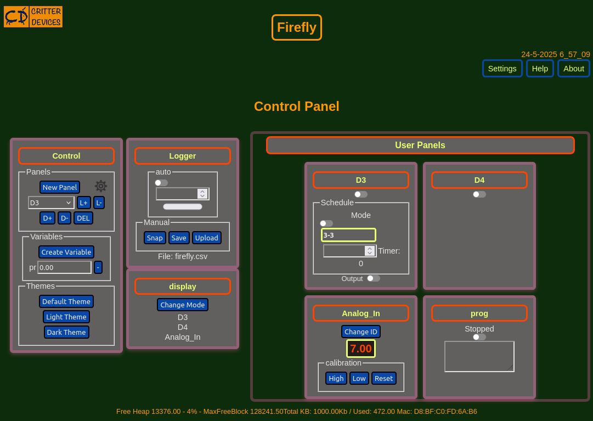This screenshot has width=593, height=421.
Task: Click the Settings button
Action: point(502,69)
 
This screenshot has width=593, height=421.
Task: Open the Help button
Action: point(540,69)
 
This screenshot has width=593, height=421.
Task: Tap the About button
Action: point(574,69)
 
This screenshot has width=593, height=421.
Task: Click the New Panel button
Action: point(60,187)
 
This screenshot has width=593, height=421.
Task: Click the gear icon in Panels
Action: point(100,186)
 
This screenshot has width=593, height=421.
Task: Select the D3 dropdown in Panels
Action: point(51,203)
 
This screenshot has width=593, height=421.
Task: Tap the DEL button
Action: point(83,218)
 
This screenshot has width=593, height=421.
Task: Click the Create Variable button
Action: point(66,252)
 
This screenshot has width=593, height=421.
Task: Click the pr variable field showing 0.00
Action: point(64,267)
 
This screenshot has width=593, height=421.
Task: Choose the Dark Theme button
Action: point(66,332)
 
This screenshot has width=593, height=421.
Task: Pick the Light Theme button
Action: point(66,317)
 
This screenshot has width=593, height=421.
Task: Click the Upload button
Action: point(206,238)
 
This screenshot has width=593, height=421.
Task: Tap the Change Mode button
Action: point(183,305)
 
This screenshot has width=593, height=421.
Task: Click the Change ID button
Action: point(361,332)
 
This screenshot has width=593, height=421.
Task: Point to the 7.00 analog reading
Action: point(361,349)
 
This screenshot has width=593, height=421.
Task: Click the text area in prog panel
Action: point(479,357)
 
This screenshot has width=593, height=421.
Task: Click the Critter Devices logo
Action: point(33,16)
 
